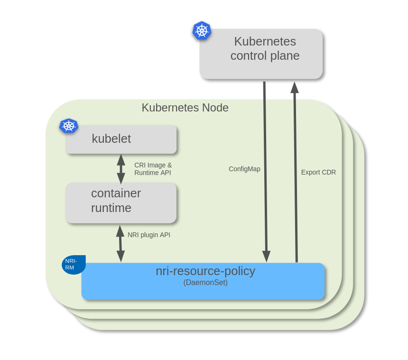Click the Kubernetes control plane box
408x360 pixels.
click(261, 54)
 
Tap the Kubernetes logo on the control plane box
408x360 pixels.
click(202, 30)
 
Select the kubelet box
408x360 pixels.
click(121, 139)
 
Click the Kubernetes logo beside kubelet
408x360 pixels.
click(69, 126)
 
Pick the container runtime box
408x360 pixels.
click(121, 203)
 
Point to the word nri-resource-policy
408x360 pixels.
click(205, 271)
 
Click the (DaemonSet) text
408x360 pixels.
click(205, 283)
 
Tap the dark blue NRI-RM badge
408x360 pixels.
click(74, 265)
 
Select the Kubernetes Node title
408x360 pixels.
click(185, 108)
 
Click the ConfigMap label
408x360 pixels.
click(244, 169)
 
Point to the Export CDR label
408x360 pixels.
click(318, 172)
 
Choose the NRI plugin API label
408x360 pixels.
click(149, 235)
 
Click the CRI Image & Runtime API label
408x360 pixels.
click(153, 169)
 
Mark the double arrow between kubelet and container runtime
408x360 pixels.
click(121, 169)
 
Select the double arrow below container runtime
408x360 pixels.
click(120, 243)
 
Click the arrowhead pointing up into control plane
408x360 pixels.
click(295, 87)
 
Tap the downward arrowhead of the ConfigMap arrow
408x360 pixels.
click(266, 257)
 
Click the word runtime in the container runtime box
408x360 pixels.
click(111, 208)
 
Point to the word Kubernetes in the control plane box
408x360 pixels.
click(265, 41)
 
